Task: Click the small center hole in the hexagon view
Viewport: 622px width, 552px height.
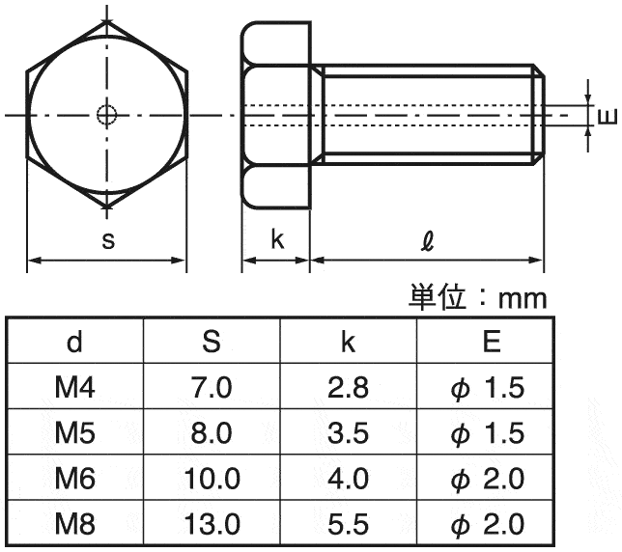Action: pos(106,115)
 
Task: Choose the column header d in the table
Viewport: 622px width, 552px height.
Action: pos(74,342)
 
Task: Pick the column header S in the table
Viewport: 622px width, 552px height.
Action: pos(212,342)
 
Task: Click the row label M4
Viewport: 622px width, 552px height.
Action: pos(74,388)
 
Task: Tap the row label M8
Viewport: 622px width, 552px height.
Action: pos(74,524)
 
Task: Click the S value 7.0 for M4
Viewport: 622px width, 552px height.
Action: pos(212,388)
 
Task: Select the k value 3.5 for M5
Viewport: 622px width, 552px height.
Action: pos(349,433)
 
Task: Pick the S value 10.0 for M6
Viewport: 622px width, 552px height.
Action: pos(212,479)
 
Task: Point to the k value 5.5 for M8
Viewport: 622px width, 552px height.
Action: pos(349,524)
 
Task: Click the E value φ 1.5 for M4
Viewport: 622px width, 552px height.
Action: pos(488,388)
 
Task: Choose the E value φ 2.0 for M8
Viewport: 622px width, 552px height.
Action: pos(488,524)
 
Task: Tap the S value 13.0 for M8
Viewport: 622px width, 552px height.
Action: pos(212,524)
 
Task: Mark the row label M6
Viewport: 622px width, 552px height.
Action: pos(74,479)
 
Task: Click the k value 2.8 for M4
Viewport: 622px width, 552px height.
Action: pos(349,388)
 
